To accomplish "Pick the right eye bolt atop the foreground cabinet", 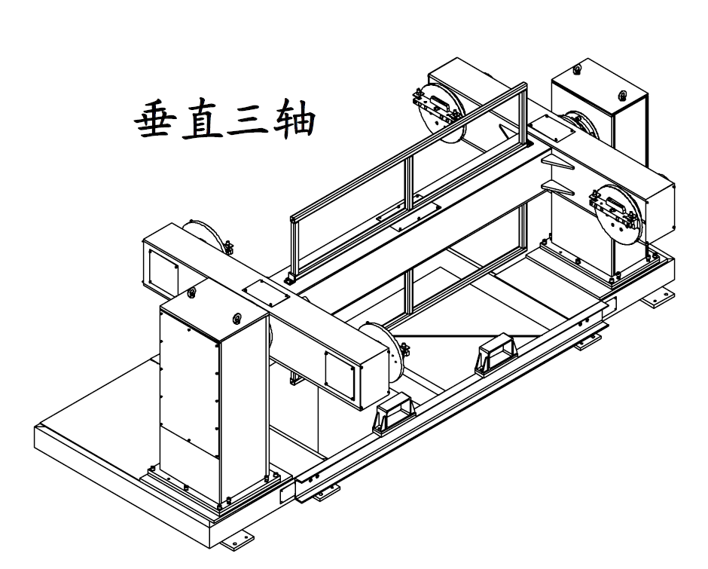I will pos(238,317).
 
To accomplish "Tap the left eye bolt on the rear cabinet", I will pos(577,71).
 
